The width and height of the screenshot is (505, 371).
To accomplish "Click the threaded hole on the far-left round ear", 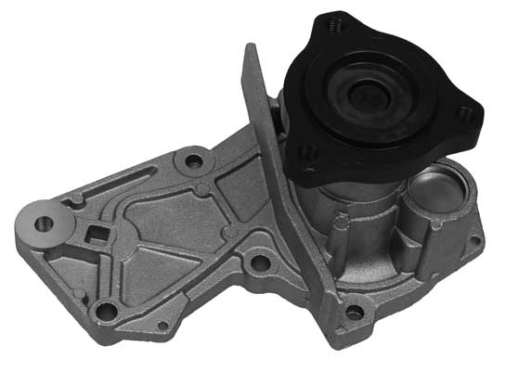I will (43, 224).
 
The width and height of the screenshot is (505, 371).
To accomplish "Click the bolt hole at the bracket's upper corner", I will (193, 161).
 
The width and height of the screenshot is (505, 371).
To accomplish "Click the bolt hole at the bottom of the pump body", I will (354, 313).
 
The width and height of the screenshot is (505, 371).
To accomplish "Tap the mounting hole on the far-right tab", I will (475, 239).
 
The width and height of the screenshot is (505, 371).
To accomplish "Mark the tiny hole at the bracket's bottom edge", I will (163, 325).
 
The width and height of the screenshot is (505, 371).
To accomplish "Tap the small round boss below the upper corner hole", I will (201, 189).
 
